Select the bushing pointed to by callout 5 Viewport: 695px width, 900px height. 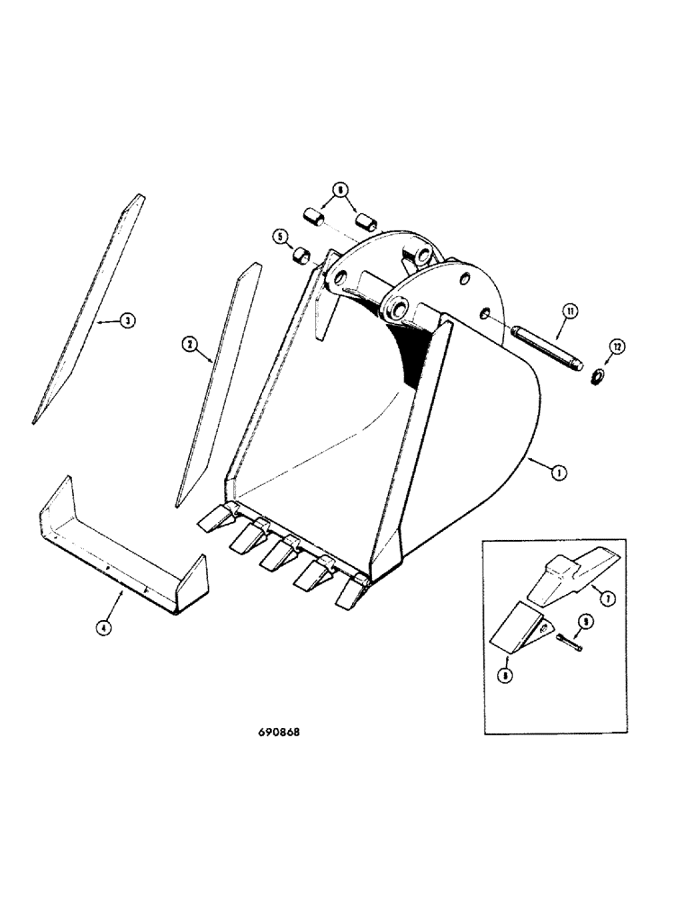click(304, 257)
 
